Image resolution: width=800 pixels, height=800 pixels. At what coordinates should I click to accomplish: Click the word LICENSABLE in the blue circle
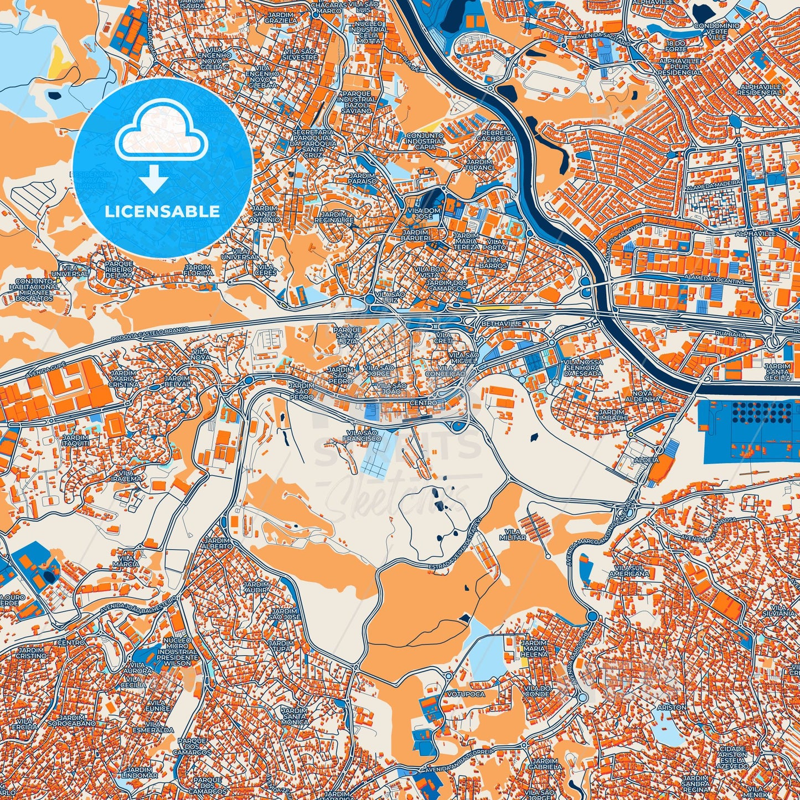click(x=162, y=211)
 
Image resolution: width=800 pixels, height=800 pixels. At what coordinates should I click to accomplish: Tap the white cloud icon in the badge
click(x=161, y=136)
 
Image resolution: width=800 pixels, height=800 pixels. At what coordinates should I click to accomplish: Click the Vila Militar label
click(x=513, y=534)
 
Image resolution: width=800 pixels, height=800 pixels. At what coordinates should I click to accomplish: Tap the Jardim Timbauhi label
click(x=611, y=415)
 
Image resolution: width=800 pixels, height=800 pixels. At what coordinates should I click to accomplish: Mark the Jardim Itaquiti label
click(x=76, y=441)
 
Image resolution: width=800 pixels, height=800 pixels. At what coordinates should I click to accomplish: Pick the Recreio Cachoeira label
click(x=498, y=136)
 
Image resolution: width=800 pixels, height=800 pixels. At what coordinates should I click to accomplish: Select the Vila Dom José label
click(x=423, y=213)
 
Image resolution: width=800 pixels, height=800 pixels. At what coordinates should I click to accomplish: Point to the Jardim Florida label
click(x=198, y=270)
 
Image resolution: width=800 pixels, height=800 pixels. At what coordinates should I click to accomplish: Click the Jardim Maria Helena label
click(x=534, y=648)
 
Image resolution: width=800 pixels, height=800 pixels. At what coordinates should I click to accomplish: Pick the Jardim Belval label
click(x=177, y=380)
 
